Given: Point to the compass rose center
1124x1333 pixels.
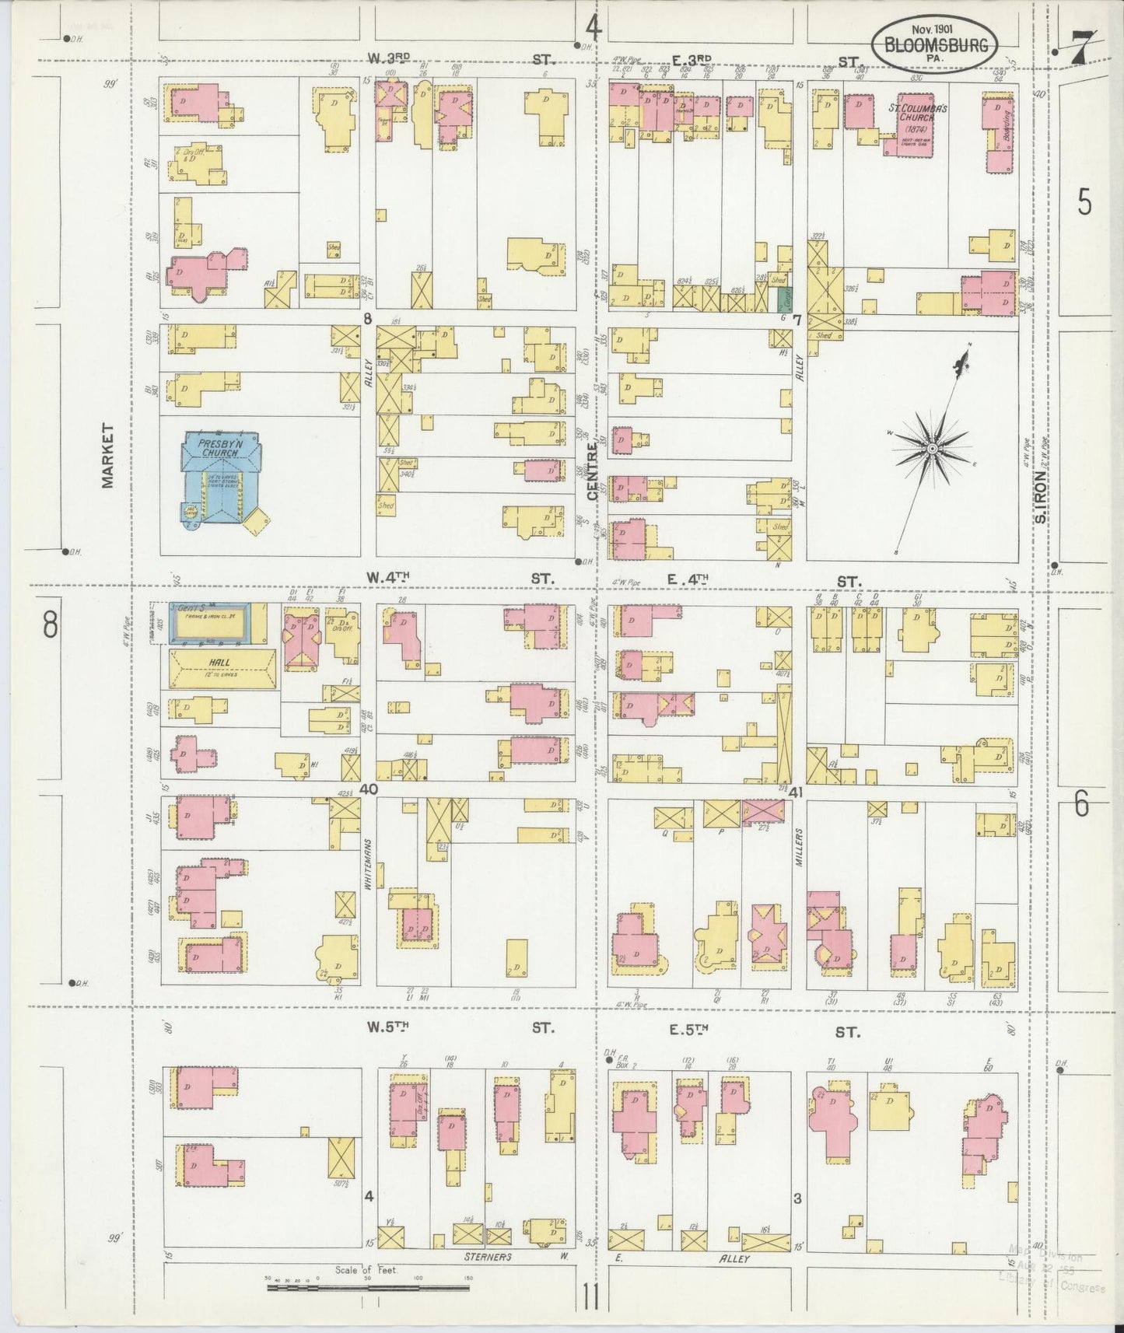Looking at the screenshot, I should click(x=931, y=449).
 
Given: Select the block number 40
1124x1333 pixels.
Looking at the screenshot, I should click(x=369, y=789).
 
